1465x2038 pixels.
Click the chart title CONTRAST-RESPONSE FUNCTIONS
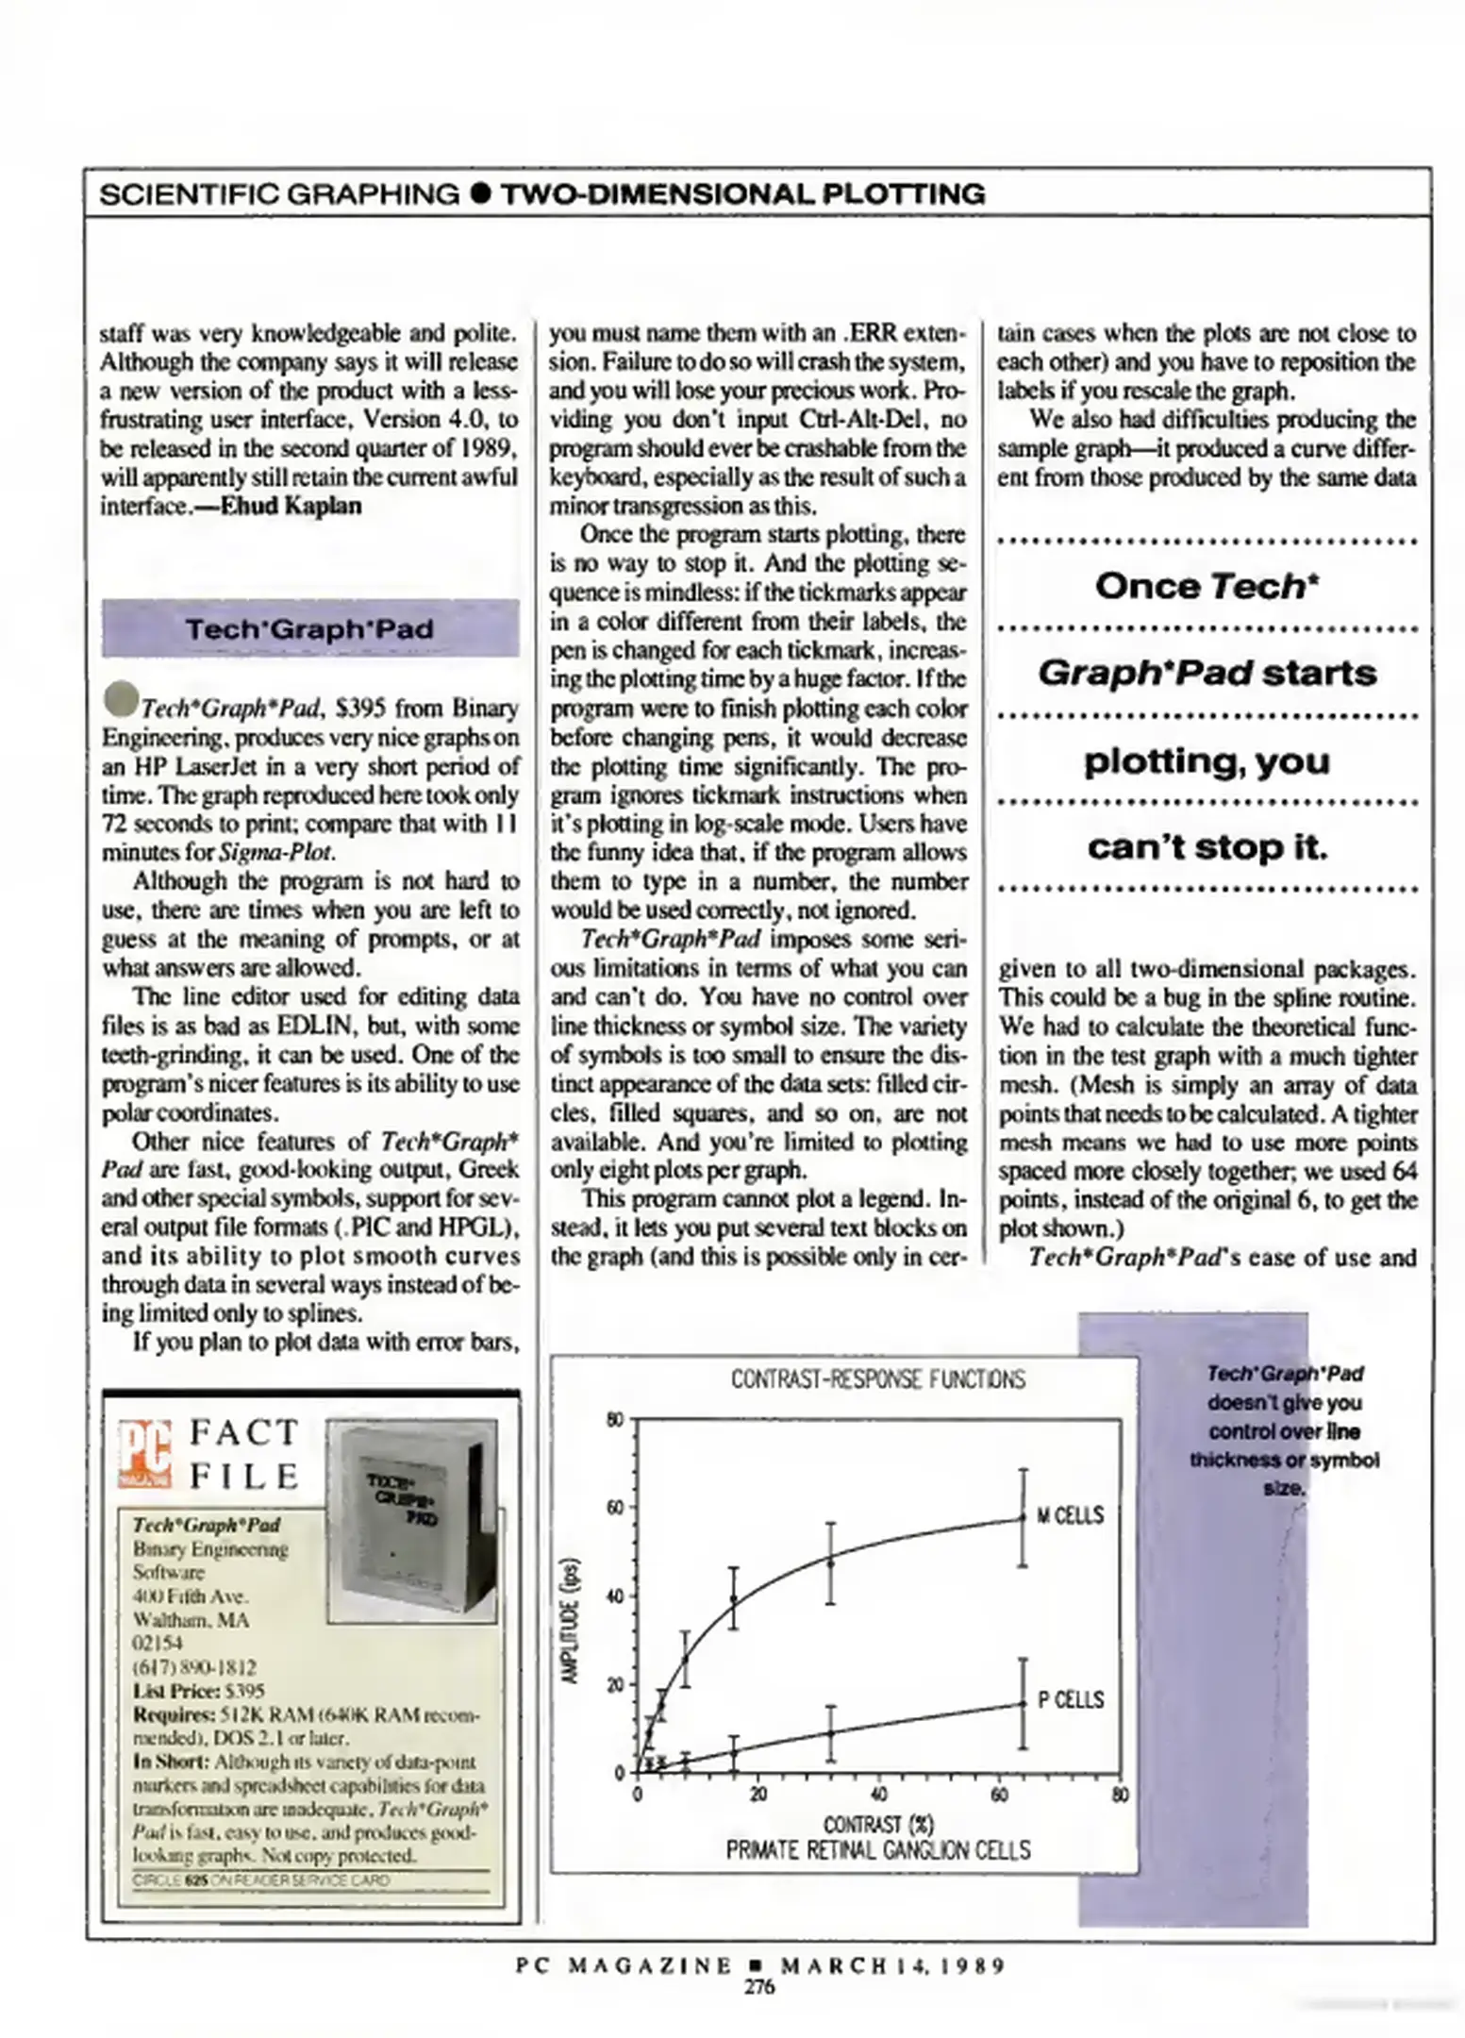pos(877,1379)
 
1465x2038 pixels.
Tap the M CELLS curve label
pos(1070,1516)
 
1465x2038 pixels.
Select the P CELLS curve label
pos(1071,1700)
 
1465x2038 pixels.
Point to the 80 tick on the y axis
pos(614,1420)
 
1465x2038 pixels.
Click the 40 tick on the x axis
pos(878,1794)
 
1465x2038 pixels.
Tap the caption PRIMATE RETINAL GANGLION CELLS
pos(877,1850)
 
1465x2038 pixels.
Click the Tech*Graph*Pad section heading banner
pos(309,628)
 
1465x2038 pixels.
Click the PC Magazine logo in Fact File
pos(145,1454)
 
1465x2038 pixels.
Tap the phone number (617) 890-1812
pos(194,1667)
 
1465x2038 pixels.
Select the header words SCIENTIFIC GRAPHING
pos(279,194)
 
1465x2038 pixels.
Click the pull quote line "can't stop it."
pos(1207,847)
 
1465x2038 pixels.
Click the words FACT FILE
pos(245,1454)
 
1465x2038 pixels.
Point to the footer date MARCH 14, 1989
pos(892,1965)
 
